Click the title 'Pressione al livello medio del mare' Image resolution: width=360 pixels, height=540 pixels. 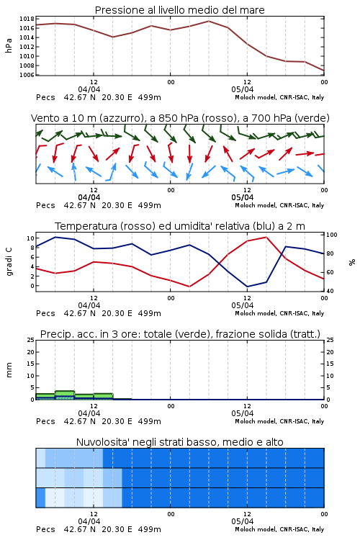[x=180, y=10]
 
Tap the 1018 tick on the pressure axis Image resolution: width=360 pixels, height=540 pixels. [x=27, y=19]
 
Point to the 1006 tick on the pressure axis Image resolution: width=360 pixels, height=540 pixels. [x=27, y=75]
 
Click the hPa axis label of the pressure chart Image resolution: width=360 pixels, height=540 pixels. [x=9, y=45]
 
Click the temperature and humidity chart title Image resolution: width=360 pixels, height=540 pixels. [x=180, y=226]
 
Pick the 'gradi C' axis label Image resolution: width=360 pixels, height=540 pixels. [x=9, y=261]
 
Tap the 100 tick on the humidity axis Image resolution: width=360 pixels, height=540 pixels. [x=332, y=235]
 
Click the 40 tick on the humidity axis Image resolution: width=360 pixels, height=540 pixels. [x=330, y=291]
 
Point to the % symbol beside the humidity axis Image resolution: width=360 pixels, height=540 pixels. [x=352, y=262]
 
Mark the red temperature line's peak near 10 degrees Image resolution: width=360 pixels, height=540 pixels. [x=266, y=237]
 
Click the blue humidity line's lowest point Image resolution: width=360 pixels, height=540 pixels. [x=247, y=287]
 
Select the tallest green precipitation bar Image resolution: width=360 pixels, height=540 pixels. [x=65, y=395]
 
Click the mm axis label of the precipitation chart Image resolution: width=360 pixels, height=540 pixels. [x=9, y=370]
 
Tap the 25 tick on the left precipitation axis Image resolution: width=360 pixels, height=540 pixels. [x=31, y=341]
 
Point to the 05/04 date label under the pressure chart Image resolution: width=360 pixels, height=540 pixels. [x=243, y=89]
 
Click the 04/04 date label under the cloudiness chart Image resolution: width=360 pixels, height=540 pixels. [x=89, y=521]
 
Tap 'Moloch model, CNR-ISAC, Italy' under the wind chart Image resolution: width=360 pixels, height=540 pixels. [x=279, y=206]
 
